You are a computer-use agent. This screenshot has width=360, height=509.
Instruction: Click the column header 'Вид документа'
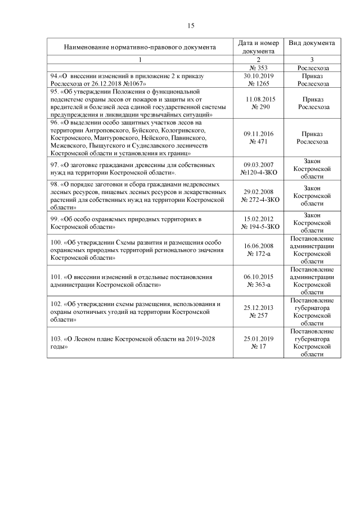pyautogui.click(x=312, y=43)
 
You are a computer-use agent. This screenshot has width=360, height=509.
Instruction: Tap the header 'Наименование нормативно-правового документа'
pyautogui.click(x=139, y=47)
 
